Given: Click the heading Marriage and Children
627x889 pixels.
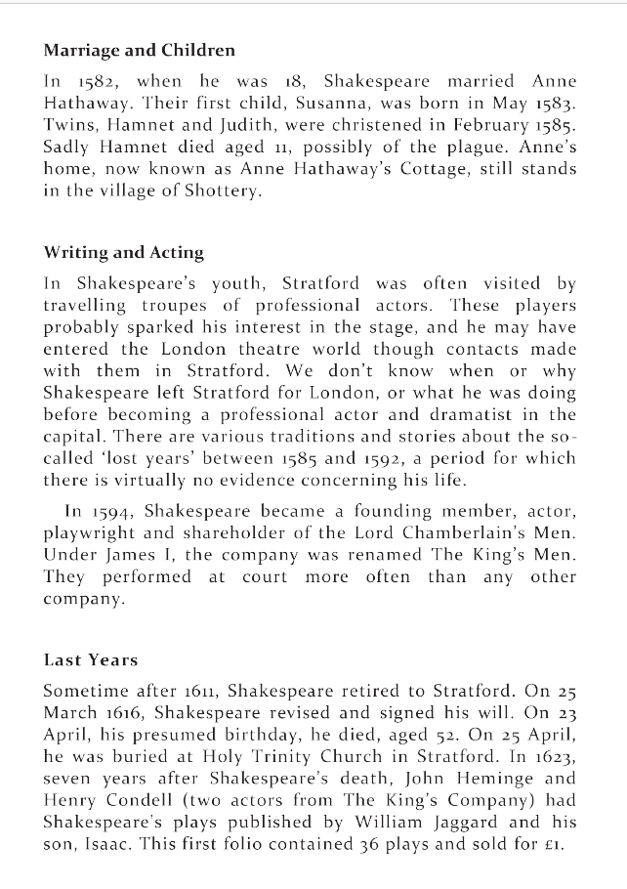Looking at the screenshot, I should pos(139,50).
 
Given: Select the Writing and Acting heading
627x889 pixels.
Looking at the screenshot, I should pos(123,253).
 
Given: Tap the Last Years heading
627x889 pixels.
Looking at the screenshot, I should pos(90,660).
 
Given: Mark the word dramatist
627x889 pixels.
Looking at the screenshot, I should pos(480,414).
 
